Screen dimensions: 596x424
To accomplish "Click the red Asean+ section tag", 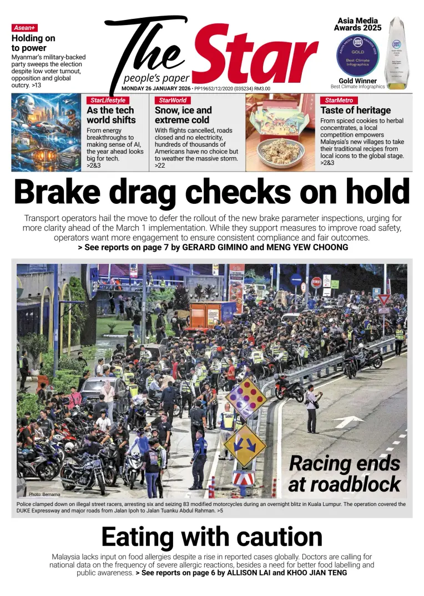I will click(x=24, y=28).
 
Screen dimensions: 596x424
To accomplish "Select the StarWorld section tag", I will click(x=173, y=101).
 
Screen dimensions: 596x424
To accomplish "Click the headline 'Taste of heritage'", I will click(x=355, y=111).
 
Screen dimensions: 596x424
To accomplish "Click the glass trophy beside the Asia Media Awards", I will click(x=396, y=53).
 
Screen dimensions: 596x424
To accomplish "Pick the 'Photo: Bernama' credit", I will click(x=44, y=494).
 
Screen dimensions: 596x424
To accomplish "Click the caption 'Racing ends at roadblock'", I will click(x=344, y=473).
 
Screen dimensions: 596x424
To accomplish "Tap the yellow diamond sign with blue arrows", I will click(x=245, y=445).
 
